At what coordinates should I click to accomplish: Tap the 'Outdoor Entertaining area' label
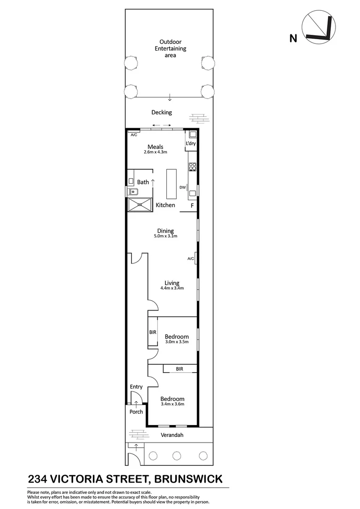point(171,49)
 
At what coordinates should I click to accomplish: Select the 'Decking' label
point(162,112)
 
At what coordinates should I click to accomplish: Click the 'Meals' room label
point(155,147)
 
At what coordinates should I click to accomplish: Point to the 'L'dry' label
point(190,143)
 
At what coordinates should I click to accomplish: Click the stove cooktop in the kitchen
point(192,166)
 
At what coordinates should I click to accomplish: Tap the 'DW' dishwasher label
point(182,187)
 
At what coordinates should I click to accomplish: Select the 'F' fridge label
point(192,206)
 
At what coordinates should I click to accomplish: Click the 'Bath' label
point(143,182)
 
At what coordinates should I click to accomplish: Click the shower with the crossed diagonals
point(140,205)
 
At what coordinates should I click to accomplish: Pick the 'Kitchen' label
point(165,205)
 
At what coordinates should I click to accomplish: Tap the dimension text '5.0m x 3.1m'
point(165,236)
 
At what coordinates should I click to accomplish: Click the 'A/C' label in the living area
point(191,258)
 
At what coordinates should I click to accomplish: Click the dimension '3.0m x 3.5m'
point(177,342)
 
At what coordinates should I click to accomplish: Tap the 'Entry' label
point(136,387)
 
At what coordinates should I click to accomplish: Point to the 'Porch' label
point(136,411)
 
